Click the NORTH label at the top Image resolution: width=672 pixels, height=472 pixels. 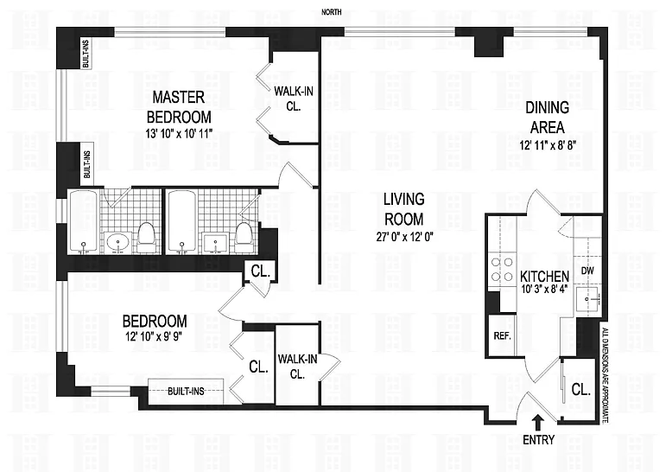coord(332,12)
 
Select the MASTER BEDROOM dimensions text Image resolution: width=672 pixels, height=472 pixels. coord(179,133)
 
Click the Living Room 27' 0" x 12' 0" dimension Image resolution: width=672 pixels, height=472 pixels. coord(404,236)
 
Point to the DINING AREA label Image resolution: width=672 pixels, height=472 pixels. coord(548,118)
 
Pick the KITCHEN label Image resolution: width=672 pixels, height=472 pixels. coord(544,276)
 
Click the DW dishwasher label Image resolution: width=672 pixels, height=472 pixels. coord(587,271)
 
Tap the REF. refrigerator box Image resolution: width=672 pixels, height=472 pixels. coord(503,335)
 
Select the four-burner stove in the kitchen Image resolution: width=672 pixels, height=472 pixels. coord(502,270)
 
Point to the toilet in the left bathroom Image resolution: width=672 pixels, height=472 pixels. coord(147,237)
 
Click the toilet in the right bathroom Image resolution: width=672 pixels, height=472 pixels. coord(244,237)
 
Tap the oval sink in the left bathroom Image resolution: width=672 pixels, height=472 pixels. coord(117,243)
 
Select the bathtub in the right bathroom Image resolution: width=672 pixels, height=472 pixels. coord(182,222)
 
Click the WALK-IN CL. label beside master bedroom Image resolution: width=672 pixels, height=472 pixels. coord(294,99)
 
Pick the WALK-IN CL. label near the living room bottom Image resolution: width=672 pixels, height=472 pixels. coord(297,366)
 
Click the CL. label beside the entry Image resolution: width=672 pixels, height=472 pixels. coord(581,390)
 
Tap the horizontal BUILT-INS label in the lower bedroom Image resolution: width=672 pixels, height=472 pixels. coord(186,392)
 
